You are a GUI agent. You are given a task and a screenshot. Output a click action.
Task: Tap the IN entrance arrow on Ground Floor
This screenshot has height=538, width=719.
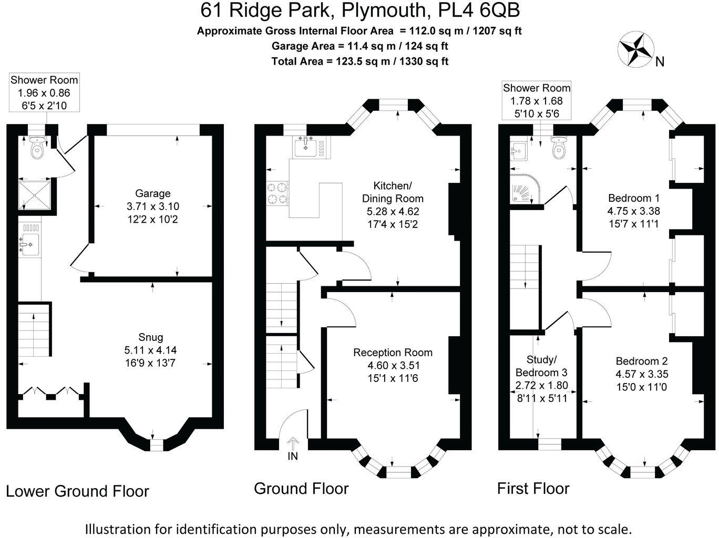293,444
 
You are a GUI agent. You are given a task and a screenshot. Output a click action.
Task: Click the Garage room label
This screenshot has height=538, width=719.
152,193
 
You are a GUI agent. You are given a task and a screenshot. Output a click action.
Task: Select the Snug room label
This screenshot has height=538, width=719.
151,337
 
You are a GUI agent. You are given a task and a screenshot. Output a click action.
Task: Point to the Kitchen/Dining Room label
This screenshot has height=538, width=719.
393,192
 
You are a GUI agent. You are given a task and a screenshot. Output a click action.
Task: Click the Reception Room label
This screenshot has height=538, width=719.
393,353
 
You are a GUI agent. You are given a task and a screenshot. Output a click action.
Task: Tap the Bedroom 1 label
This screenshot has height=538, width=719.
633,198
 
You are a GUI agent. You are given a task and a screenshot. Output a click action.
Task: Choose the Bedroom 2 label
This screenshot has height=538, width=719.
642,361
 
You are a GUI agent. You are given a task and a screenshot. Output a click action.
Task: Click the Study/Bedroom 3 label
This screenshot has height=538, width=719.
541,366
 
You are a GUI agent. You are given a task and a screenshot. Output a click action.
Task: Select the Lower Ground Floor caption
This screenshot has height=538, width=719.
77,491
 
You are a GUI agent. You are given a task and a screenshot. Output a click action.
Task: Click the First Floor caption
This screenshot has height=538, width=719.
533,489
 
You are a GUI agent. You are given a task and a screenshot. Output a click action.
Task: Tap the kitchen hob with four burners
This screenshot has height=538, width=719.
278,193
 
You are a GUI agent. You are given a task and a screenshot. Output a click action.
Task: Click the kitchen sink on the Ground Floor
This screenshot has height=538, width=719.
305,147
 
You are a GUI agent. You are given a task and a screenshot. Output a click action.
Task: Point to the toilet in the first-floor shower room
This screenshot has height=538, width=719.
559,148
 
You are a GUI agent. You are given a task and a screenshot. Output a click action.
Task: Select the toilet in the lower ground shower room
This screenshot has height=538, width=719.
37,149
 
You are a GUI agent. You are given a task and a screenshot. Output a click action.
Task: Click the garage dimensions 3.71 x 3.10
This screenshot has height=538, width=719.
152,206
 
